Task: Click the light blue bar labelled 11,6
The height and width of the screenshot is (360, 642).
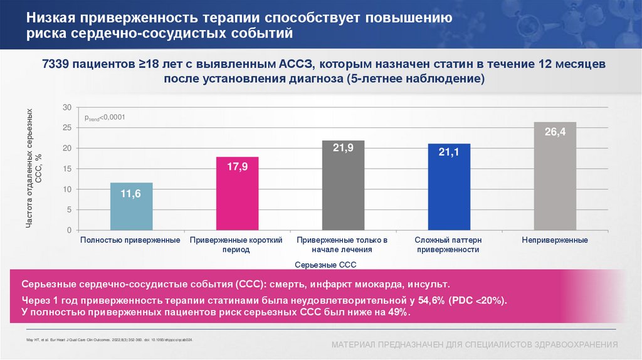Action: pos(131,206)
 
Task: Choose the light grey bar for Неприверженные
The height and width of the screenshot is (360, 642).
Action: pos(555,176)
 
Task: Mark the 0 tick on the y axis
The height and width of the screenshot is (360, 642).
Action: pos(70,230)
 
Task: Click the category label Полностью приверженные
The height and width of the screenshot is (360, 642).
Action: pos(131,240)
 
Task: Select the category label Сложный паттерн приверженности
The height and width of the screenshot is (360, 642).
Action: pos(449,245)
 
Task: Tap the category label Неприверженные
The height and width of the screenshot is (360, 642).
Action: pos(555,240)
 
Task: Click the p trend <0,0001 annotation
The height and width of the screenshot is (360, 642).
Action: pos(101,117)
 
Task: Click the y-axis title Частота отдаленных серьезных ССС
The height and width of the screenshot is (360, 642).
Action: pos(33,169)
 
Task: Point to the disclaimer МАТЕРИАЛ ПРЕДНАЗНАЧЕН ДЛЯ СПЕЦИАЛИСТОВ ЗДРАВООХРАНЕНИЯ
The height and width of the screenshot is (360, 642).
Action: pos(475,345)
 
